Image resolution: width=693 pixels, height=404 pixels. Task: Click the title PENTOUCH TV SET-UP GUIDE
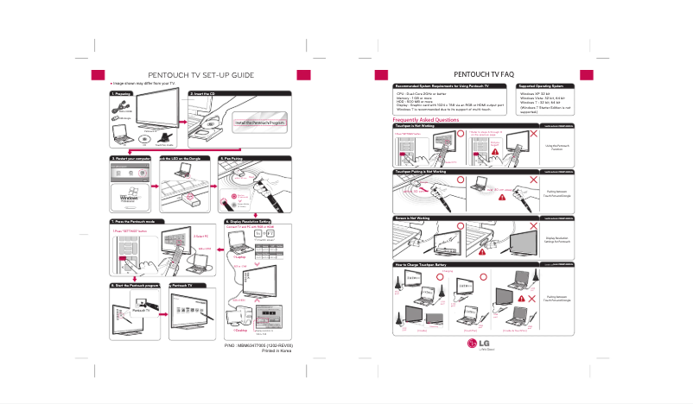(x=200, y=75)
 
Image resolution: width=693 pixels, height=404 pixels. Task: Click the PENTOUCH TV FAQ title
(x=491, y=74)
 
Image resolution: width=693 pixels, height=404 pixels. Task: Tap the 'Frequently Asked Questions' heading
(x=426, y=120)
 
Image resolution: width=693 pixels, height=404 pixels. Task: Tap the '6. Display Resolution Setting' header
(x=251, y=222)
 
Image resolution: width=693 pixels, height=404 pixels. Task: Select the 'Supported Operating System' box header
(x=541, y=87)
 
